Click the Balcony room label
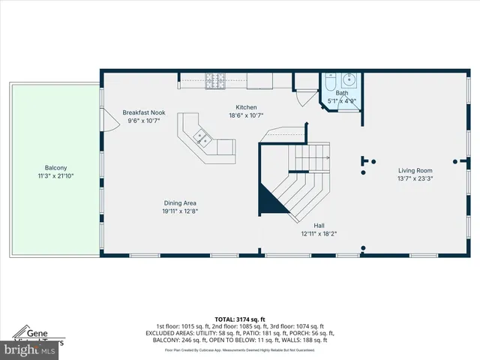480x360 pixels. click(x=55, y=168)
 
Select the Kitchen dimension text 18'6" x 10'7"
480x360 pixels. click(x=247, y=115)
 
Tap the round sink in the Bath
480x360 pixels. click(x=350, y=79)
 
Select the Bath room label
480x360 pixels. click(x=341, y=93)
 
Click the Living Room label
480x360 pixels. click(x=415, y=170)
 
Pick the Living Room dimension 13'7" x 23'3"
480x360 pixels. click(x=415, y=178)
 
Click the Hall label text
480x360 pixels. click(x=319, y=225)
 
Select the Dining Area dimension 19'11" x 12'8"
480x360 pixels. click(x=181, y=211)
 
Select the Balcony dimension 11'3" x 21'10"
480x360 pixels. click(x=55, y=176)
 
